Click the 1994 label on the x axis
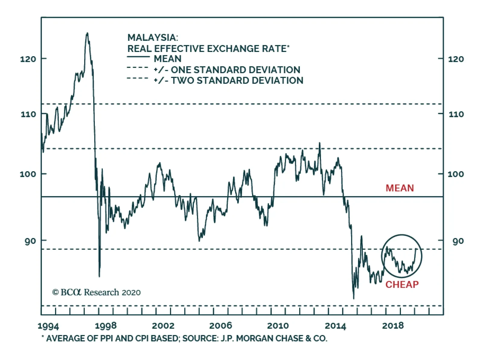coord(48,326)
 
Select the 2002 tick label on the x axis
coord(163,326)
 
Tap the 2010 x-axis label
coord(278,326)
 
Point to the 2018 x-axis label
coord(393,326)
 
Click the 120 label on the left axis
coord(28,59)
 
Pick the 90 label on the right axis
coord(458,241)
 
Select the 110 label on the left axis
coord(28,114)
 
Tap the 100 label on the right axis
coord(456,174)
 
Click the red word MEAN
coord(400,188)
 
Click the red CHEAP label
coord(402,285)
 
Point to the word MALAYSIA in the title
coord(152,38)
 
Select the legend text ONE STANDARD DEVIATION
coord(235,70)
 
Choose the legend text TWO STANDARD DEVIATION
coord(237,81)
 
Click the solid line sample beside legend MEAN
coord(138,57)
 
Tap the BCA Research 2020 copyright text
coord(96,292)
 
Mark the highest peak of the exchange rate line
coord(87,33)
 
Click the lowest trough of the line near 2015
coord(353,298)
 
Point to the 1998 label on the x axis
coord(106,326)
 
